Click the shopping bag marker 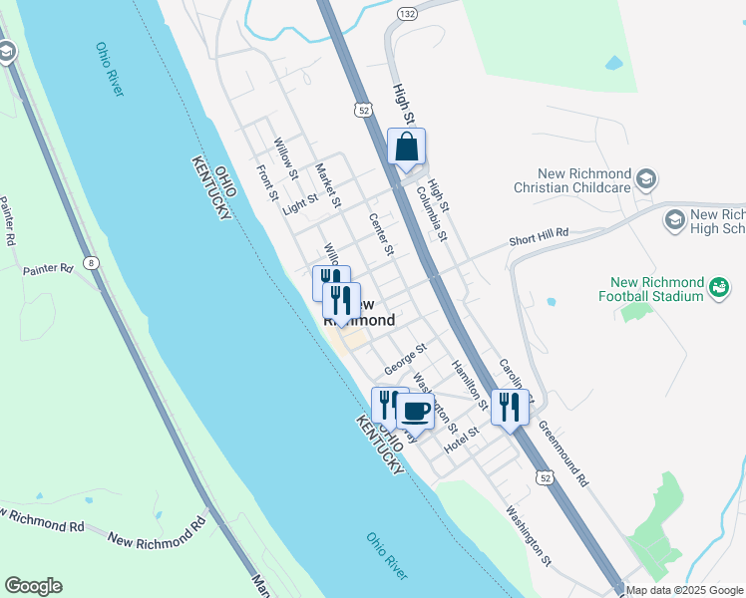click(x=406, y=148)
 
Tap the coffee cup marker click(x=415, y=411)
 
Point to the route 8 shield click(x=92, y=262)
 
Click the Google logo click(x=33, y=586)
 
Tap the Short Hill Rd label click(x=538, y=236)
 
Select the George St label click(x=407, y=358)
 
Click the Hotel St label click(x=462, y=437)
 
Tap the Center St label click(x=381, y=234)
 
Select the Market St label click(x=328, y=184)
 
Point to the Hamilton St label click(x=468, y=385)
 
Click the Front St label click(x=265, y=181)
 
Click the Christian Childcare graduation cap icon click(x=647, y=178)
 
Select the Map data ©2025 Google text click(x=685, y=590)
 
